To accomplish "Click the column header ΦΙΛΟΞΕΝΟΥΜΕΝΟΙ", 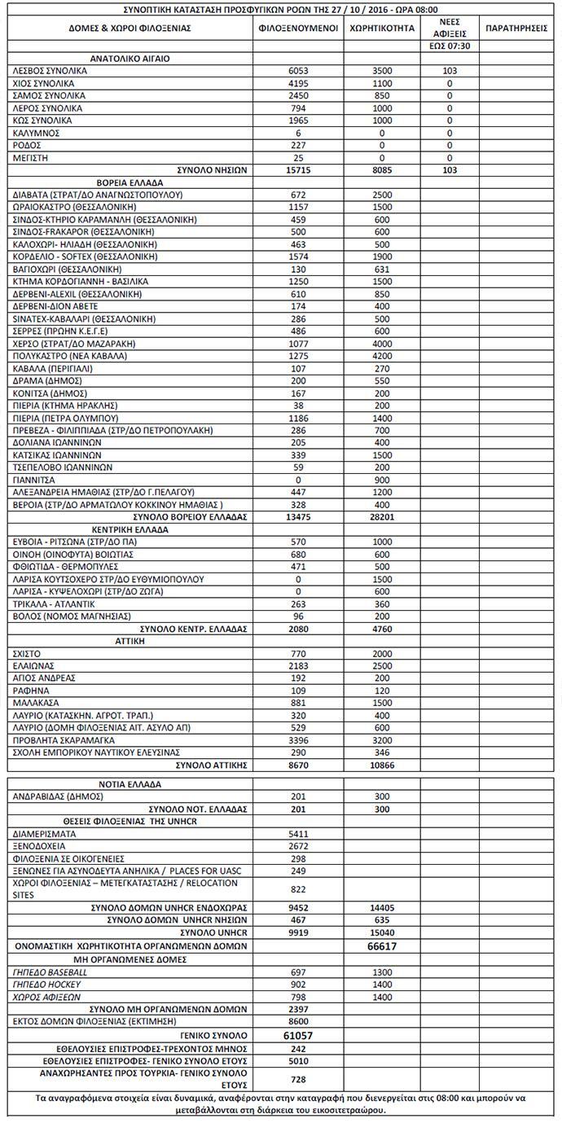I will (x=298, y=28).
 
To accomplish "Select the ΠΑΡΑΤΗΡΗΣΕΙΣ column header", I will (x=516, y=28).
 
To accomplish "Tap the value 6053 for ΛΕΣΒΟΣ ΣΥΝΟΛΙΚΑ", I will (x=298, y=71).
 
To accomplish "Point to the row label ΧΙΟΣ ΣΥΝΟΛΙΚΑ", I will (x=44, y=83).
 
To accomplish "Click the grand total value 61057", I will (x=298, y=1034).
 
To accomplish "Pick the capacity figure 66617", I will (x=382, y=946).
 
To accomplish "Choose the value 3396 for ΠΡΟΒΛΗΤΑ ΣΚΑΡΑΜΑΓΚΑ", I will (x=298, y=740).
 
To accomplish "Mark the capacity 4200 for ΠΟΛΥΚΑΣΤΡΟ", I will (x=382, y=355).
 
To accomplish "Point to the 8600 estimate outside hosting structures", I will (x=298, y=1020).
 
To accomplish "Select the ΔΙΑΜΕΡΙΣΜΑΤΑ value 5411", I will (x=298, y=834).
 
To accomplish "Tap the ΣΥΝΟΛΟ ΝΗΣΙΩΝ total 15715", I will (x=298, y=170).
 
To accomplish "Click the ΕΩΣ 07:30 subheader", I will (x=449, y=46).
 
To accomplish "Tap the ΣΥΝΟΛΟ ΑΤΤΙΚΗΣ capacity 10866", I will (x=382, y=765).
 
